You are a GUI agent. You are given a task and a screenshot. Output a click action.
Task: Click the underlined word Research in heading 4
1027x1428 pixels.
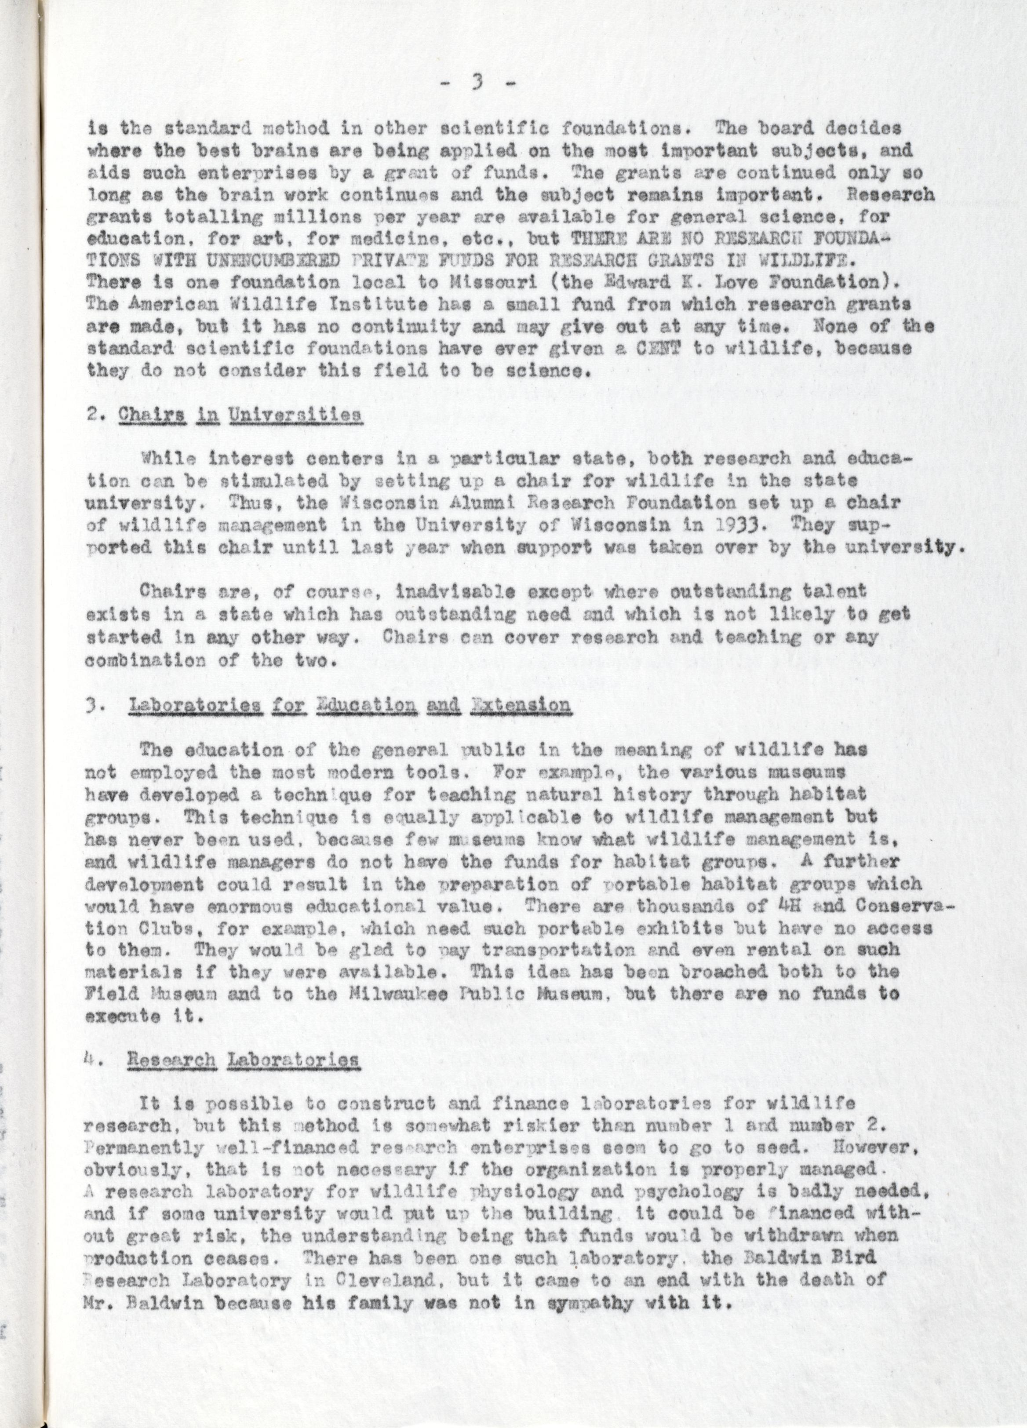coord(171,1060)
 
